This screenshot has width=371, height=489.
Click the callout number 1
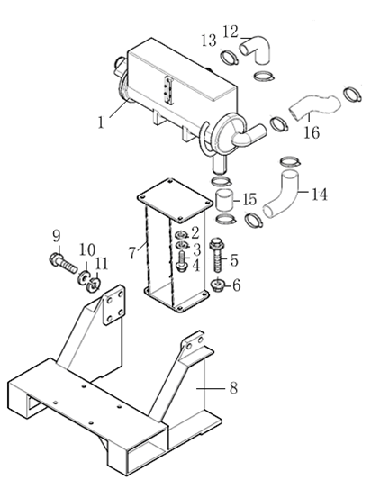click(x=102, y=119)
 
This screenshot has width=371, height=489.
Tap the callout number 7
click(x=132, y=250)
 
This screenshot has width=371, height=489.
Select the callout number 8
click(x=232, y=388)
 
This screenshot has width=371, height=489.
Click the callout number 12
click(x=230, y=31)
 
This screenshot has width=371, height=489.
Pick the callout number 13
click(x=208, y=40)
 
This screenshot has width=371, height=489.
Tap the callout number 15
click(x=250, y=199)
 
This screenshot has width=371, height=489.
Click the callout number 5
click(x=234, y=261)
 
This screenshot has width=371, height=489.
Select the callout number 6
click(x=237, y=285)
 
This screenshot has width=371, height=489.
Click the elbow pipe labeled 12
click(x=259, y=45)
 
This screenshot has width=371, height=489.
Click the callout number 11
click(x=101, y=263)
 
